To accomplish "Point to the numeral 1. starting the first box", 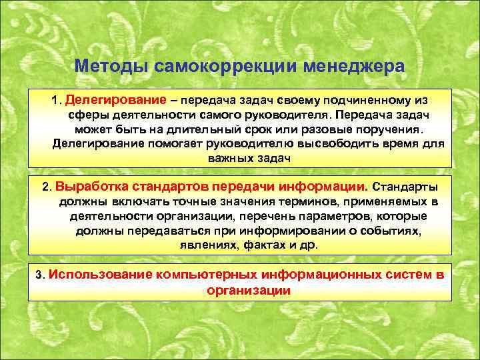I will click(55, 100).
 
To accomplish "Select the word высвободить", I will click(335, 144).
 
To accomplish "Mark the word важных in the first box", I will click(227, 159).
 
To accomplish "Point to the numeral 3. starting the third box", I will click(41, 275).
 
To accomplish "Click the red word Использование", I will click(100, 274).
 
